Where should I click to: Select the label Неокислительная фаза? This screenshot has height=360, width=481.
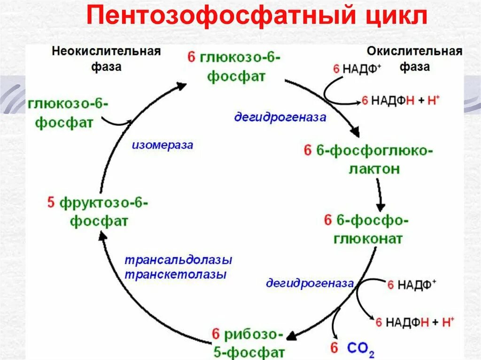[106, 58]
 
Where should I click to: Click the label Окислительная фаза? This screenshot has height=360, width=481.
[415, 58]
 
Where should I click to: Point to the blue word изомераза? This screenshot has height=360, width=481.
[162, 145]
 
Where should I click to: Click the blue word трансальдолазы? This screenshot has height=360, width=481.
[178, 260]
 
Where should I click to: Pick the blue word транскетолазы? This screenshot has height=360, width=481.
[176, 275]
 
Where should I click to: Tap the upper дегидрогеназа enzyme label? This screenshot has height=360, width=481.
[280, 117]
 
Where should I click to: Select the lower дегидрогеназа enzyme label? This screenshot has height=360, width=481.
[310, 283]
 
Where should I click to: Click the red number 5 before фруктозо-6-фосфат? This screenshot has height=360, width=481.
[51, 203]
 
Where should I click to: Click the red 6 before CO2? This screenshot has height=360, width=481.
[334, 348]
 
